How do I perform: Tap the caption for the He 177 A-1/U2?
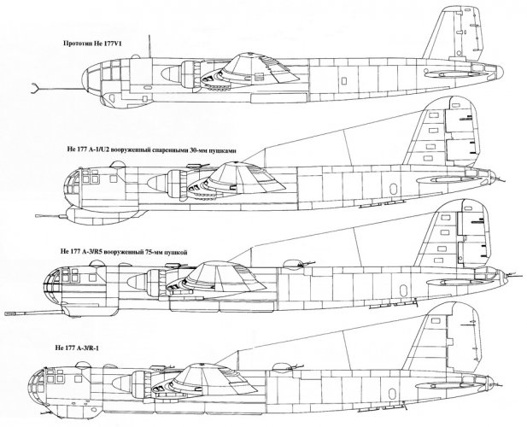(x=151, y=150)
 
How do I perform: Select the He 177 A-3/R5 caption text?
(x=124, y=252)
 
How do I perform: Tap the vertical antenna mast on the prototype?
(x=149, y=46)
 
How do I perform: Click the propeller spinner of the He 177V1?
(x=171, y=73)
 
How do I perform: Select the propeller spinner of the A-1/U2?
(x=157, y=182)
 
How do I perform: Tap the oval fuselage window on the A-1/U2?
(x=393, y=189)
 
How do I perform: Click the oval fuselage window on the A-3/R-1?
(x=391, y=394)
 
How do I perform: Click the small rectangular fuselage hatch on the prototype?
(x=344, y=81)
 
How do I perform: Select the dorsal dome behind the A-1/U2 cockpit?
(x=118, y=165)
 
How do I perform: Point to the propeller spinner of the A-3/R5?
(x=138, y=280)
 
